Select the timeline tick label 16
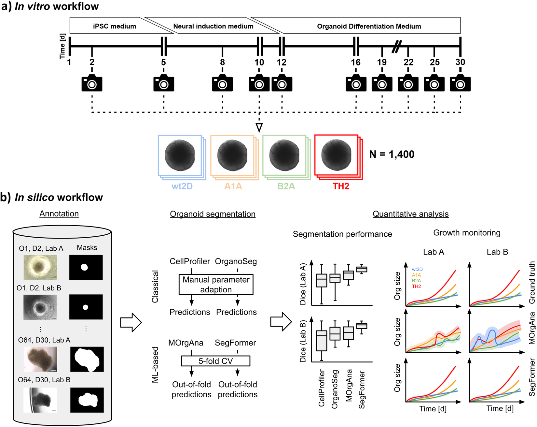coord(355,62)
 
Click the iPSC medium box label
coord(115,26)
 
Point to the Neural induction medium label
coord(213,26)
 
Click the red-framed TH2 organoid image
coord(337,155)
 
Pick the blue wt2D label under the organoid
coord(182,186)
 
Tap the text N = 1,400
coord(392,154)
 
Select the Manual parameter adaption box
coord(216,285)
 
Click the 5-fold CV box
coord(215,361)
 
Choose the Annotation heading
coord(59,213)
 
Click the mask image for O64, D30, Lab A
coord(87,359)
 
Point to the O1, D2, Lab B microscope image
coord(40,307)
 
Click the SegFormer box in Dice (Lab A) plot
coord(362,269)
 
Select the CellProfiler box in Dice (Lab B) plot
coord(322,341)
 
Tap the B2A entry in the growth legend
coord(416,281)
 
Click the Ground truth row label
coord(532,282)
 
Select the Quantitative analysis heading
coord(410,214)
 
